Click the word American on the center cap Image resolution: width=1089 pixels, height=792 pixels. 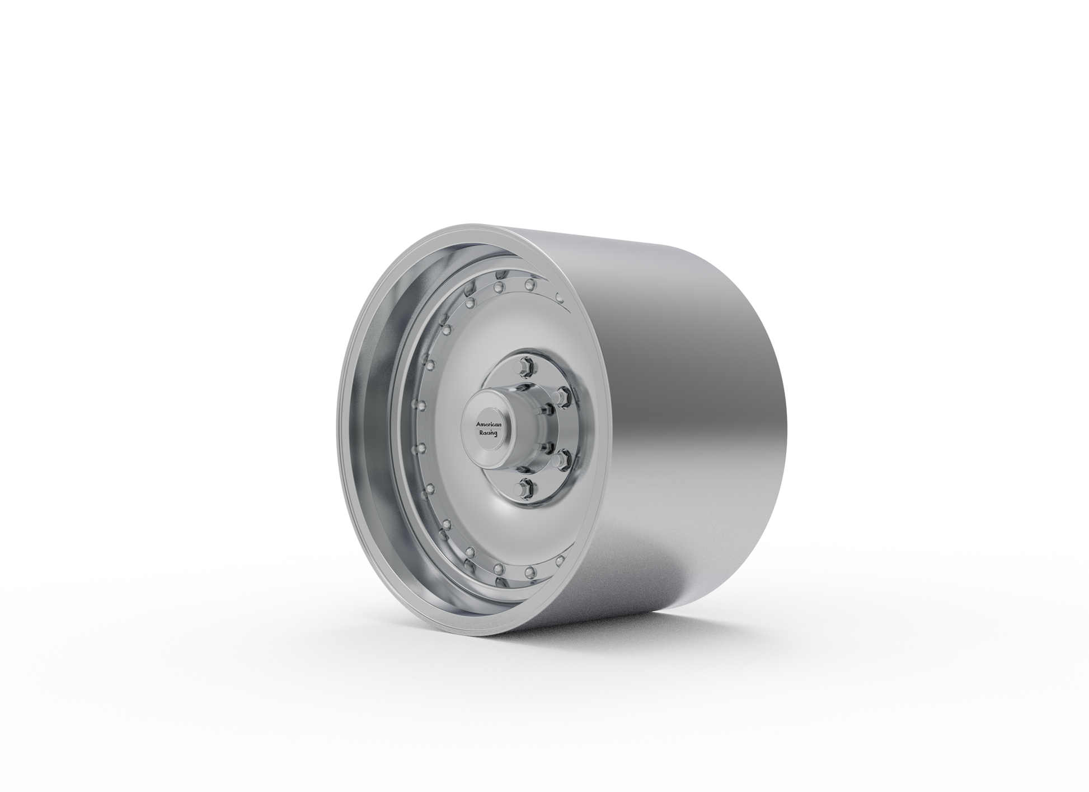[x=489, y=425]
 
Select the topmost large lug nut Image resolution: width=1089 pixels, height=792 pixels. [x=527, y=365]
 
